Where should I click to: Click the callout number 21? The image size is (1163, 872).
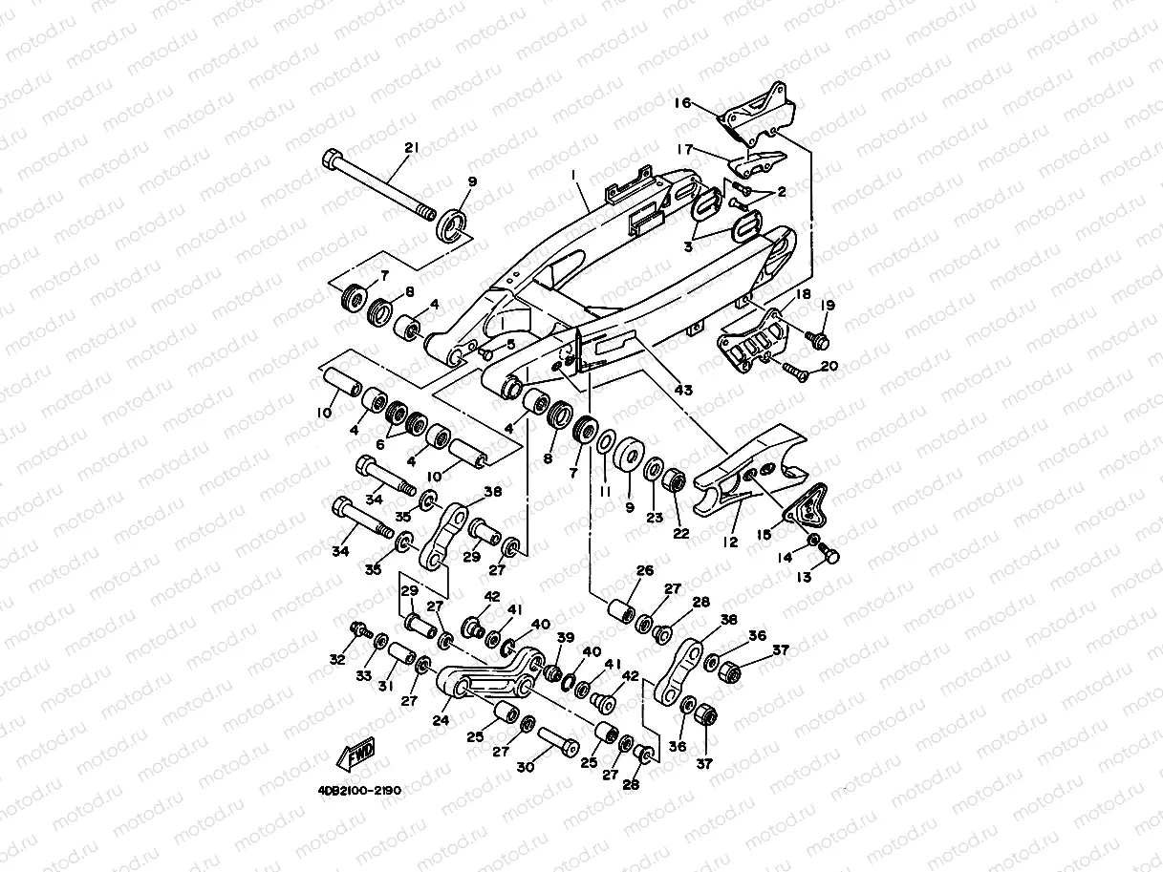[412, 148]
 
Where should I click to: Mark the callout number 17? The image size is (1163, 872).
[684, 148]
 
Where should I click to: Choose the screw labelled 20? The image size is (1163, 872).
[794, 372]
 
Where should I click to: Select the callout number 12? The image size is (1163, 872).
[731, 542]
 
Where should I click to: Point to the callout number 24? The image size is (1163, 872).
[441, 721]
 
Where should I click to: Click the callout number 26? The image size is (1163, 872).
[645, 570]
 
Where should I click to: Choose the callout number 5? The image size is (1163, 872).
[511, 344]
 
